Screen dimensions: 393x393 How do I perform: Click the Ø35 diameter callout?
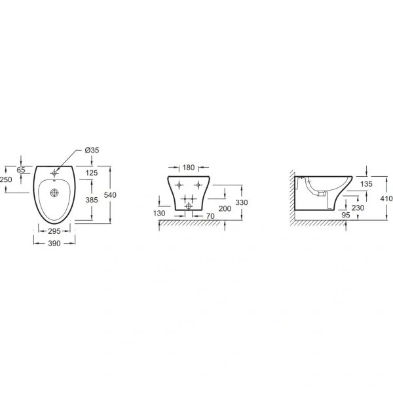coord(92,150)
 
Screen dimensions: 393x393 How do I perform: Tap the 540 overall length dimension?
coord(110,195)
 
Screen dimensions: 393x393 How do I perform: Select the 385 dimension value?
coord(92,200)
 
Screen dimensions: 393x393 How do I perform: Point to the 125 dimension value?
coord(92,173)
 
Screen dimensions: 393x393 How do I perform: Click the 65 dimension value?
coord(21,170)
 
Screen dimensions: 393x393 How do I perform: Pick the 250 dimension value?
coord(6,179)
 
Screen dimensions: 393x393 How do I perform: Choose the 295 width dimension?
coord(54,231)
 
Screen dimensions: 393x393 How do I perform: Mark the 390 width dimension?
coord(54,243)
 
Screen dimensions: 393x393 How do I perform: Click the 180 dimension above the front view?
coord(189,167)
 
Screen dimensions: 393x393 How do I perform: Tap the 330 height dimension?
coord(241,202)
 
